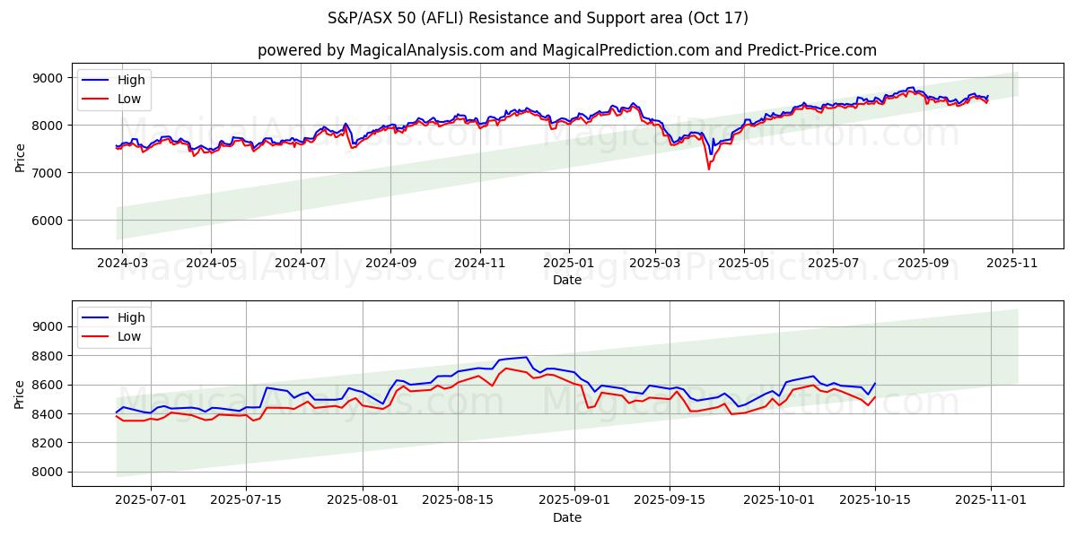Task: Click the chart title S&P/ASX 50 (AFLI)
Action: [538, 18]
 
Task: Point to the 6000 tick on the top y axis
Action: [49, 220]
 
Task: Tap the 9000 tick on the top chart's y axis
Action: [49, 78]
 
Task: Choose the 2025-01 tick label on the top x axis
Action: [568, 264]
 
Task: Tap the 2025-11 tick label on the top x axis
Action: [1012, 264]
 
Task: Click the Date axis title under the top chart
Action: [567, 280]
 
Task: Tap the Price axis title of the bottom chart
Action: [20, 394]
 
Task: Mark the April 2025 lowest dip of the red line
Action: [708, 169]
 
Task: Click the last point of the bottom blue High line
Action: [875, 384]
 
